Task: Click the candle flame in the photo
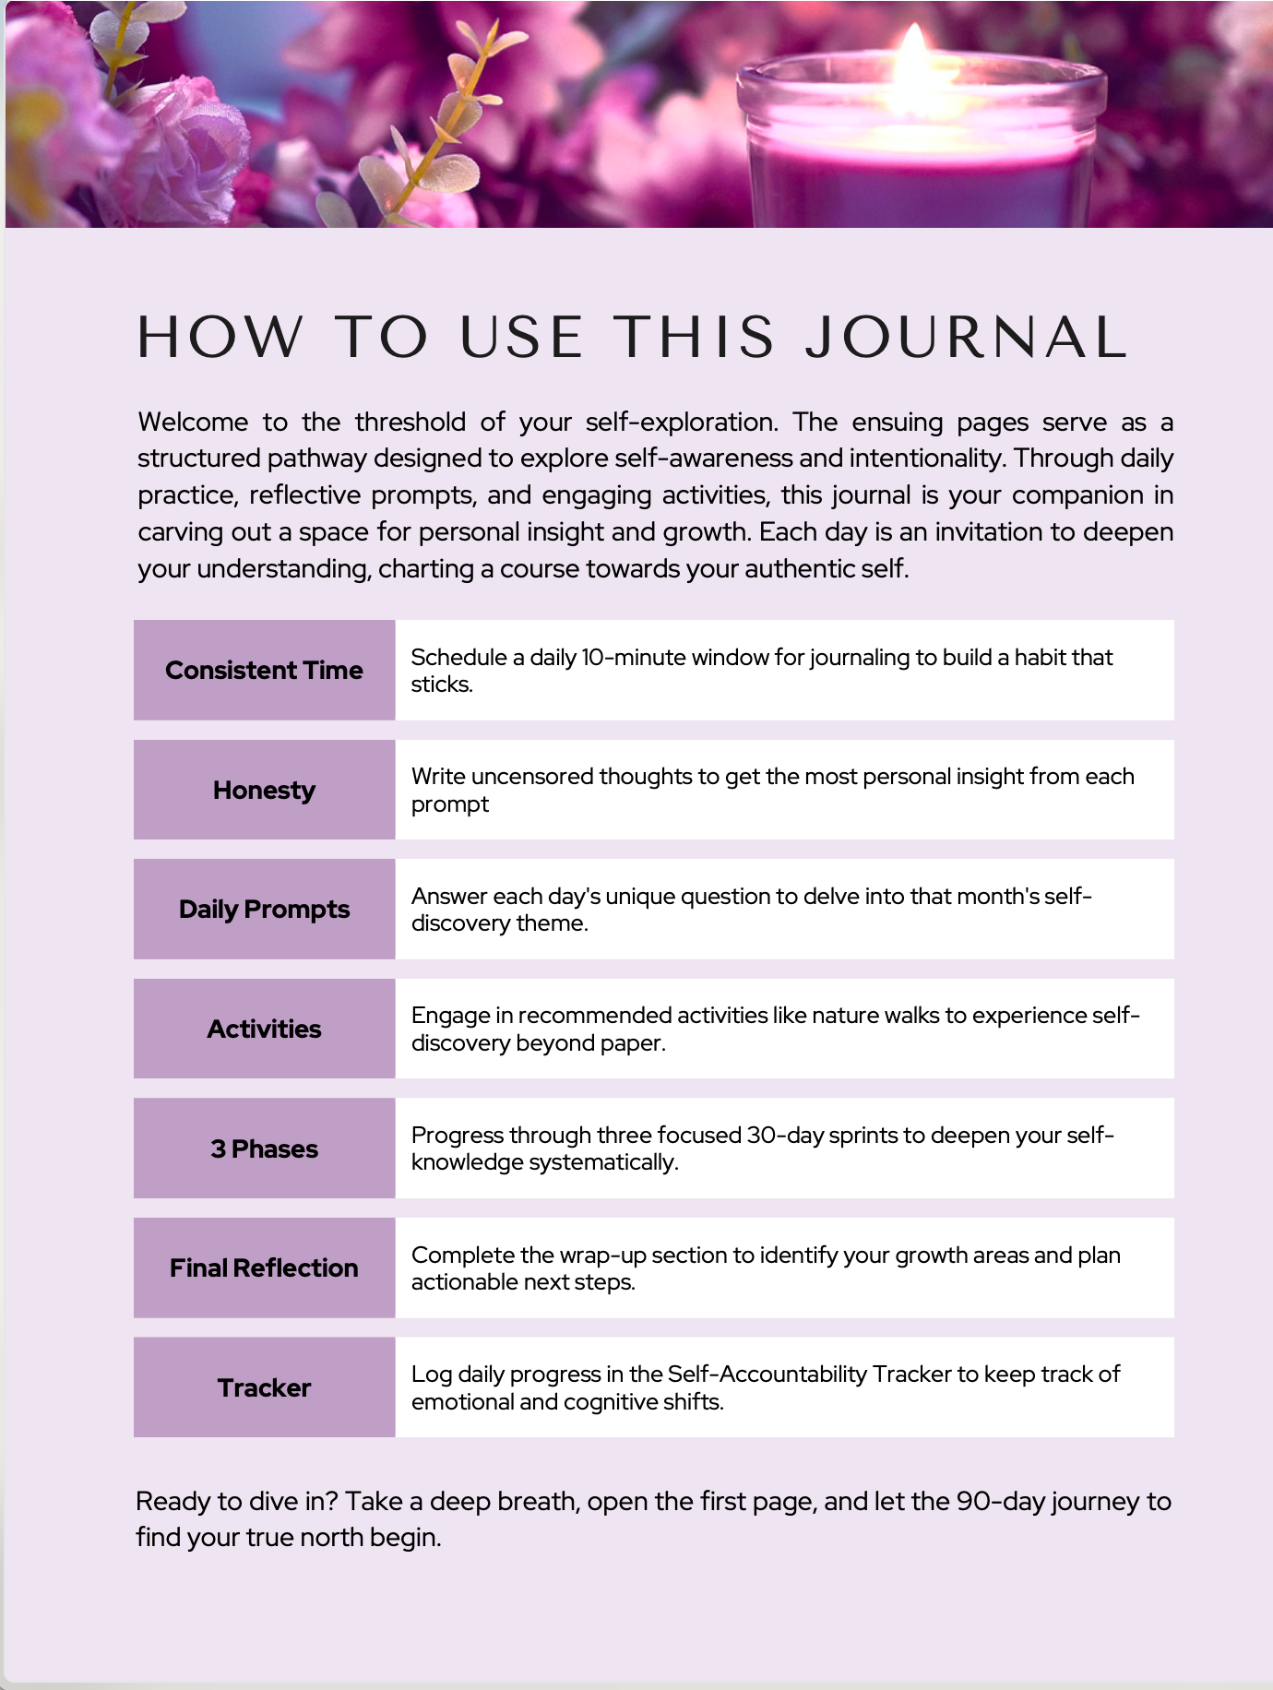(x=913, y=57)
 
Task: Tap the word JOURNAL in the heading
(x=967, y=337)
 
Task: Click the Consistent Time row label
(x=264, y=671)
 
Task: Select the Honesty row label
(x=264, y=791)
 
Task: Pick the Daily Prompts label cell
(x=264, y=910)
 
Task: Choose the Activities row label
(x=264, y=1029)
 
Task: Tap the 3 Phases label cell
(x=264, y=1149)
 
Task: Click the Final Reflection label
(x=264, y=1268)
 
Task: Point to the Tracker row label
(x=264, y=1388)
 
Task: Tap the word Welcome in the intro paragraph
(x=193, y=422)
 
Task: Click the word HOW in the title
(x=220, y=337)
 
